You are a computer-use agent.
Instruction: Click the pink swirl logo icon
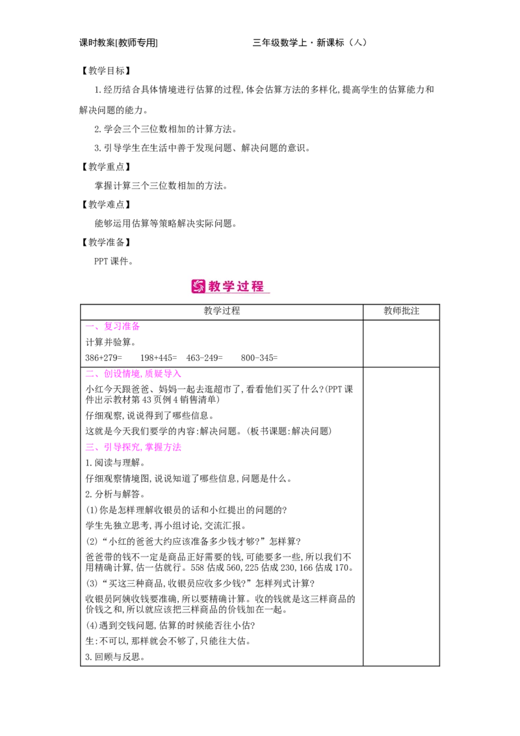[x=198, y=286]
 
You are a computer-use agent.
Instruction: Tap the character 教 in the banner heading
[x=216, y=286]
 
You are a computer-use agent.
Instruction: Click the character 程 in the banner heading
[x=259, y=286]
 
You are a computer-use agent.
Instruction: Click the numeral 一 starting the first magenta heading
[x=89, y=326]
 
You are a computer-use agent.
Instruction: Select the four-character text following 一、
[x=122, y=326]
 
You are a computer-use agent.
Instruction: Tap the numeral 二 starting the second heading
[x=89, y=374]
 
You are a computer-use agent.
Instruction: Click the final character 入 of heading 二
[x=177, y=374]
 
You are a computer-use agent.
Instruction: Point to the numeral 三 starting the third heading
[x=89, y=447]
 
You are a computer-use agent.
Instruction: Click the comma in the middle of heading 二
[x=143, y=376]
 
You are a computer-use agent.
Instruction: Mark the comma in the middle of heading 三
[x=143, y=450]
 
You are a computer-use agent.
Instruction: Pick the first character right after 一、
[x=108, y=326]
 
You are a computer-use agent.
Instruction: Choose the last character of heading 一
[x=136, y=326]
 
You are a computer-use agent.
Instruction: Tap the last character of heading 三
[x=177, y=447]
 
